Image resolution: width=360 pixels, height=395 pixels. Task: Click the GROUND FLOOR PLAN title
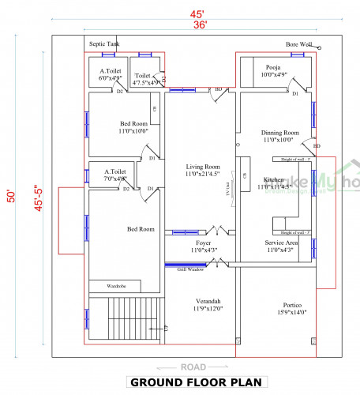[196, 382]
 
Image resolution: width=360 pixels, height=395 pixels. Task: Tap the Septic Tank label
[104, 45]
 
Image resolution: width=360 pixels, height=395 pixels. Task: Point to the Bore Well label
[298, 45]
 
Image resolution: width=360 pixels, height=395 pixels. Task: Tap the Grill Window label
[190, 270]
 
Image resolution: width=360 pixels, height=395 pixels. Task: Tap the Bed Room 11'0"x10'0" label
[133, 127]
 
